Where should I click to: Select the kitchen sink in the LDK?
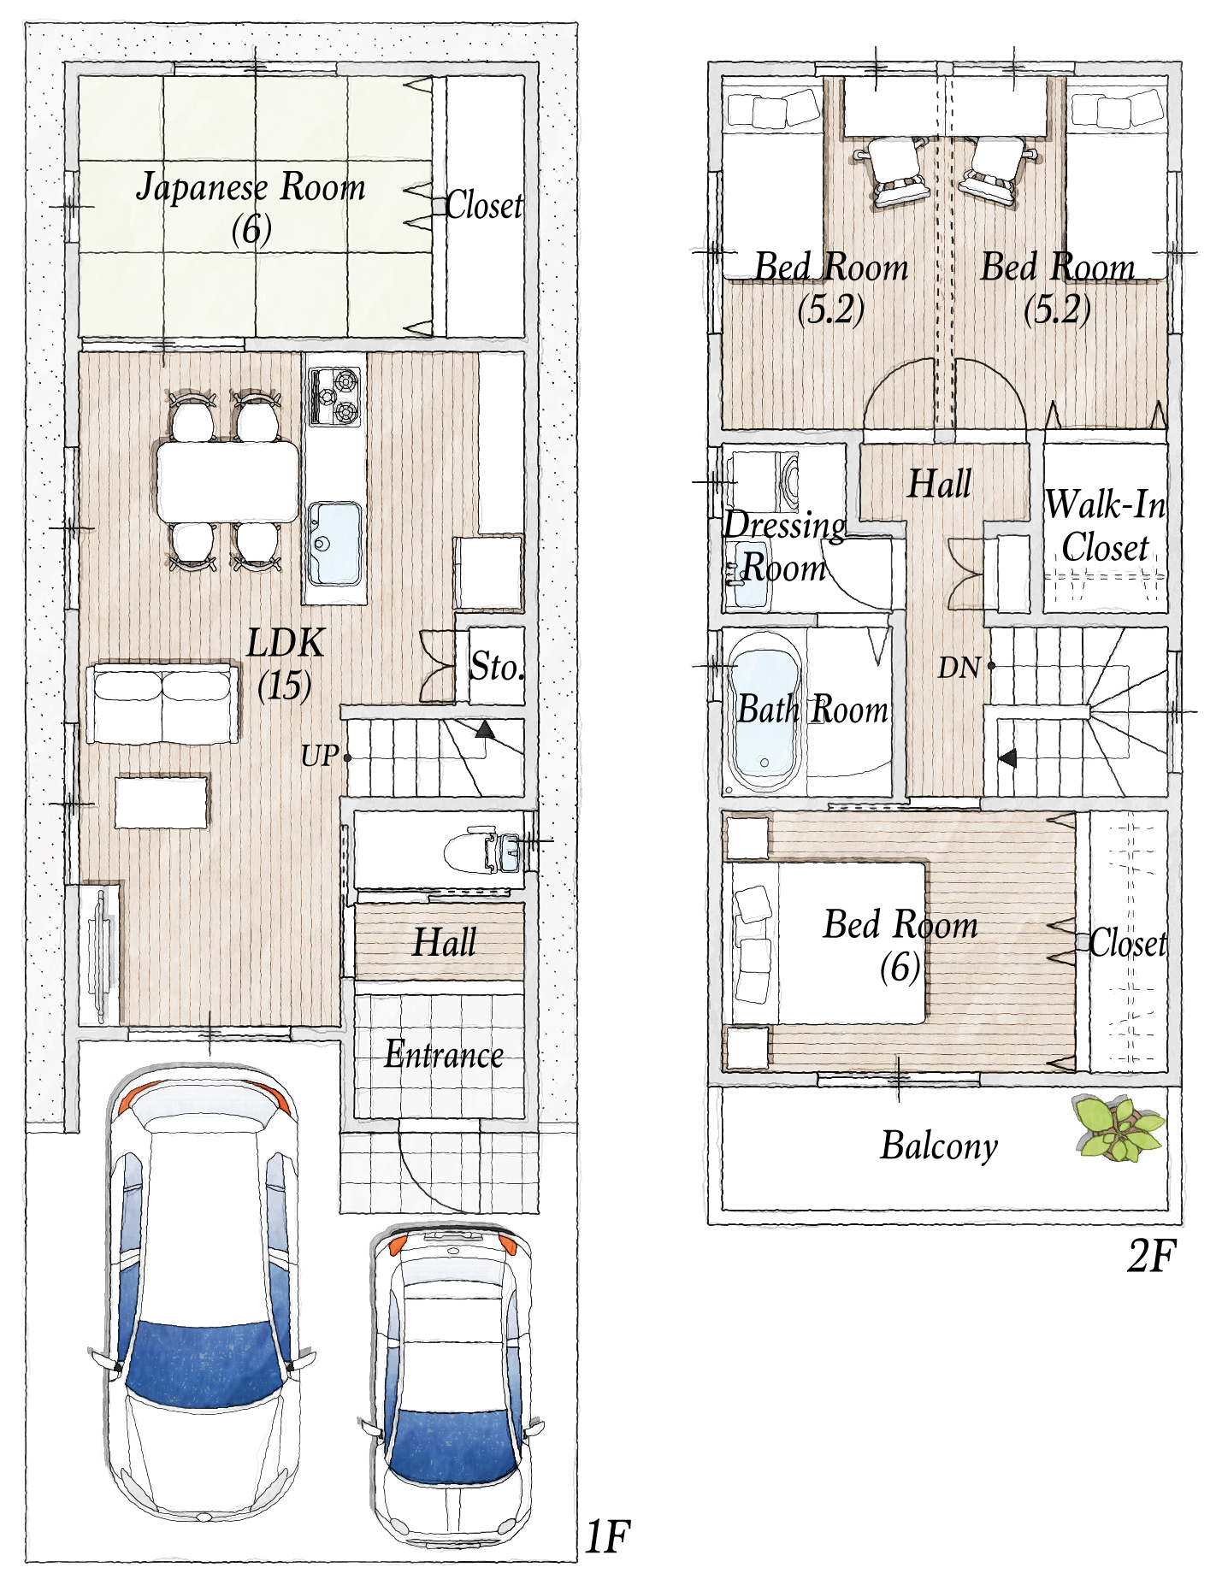(x=334, y=543)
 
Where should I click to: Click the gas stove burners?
(x=335, y=395)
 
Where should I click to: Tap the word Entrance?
(x=444, y=1054)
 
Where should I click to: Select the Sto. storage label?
(x=497, y=667)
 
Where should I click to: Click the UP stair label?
(x=320, y=756)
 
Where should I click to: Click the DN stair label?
(x=959, y=667)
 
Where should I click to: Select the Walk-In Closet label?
(x=1106, y=526)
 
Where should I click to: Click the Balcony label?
(x=939, y=1146)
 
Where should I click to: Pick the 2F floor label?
(x=1152, y=1256)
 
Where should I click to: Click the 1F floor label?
(x=608, y=1537)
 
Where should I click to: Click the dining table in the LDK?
(x=228, y=480)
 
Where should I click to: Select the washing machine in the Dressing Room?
(x=764, y=482)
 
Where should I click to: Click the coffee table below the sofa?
(x=162, y=801)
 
